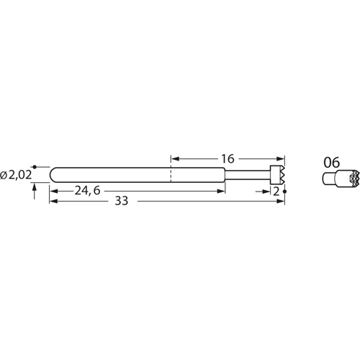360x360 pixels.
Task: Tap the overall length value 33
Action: [120, 202]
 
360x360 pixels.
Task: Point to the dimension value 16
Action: [228, 157]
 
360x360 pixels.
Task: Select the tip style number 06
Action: [331, 162]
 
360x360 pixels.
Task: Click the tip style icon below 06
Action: [333, 178]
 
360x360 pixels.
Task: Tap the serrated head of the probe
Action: [277, 174]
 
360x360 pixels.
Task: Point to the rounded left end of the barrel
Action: [53, 174]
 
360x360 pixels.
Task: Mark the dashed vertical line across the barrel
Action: [171, 174]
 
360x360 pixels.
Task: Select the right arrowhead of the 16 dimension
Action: [282, 157]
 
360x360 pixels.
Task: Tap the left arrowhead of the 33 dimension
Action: [53, 202]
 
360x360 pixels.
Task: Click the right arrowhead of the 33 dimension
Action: [282, 202]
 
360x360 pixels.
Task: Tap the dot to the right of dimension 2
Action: [286, 192]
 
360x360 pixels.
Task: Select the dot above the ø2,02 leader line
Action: [35, 166]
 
